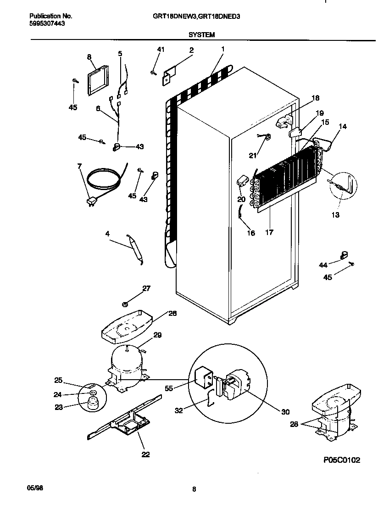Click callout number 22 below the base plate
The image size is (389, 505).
(145, 454)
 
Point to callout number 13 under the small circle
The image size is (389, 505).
(336, 214)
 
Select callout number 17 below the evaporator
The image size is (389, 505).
(269, 232)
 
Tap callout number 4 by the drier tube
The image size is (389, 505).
(107, 234)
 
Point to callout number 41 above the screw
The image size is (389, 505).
(160, 49)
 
